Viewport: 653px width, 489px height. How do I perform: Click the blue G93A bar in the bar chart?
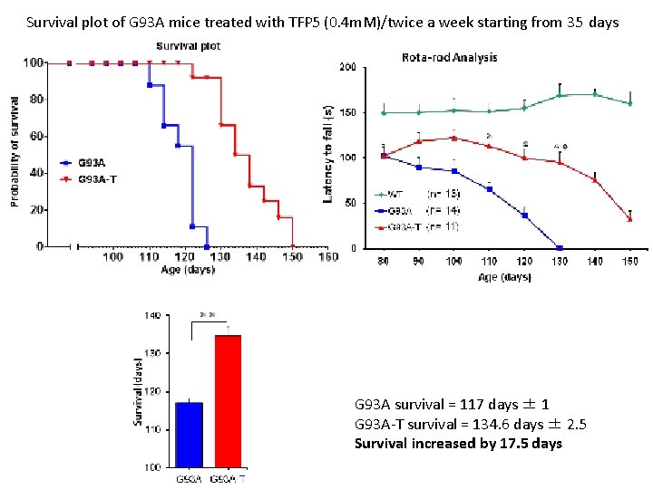coord(189,435)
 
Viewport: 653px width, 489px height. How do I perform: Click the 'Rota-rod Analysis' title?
coord(449,57)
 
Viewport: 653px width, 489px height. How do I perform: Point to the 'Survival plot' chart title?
coord(188,45)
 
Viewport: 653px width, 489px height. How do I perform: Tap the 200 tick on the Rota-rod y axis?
coord(346,67)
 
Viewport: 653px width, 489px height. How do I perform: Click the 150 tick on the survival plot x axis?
coord(292,257)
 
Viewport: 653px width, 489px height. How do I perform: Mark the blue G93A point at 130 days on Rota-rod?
coord(559,247)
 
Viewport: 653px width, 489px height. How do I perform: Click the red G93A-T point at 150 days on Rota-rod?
coord(629,219)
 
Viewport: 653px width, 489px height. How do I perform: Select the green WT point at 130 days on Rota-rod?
coord(559,95)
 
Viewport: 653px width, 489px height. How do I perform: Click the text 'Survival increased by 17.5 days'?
coord(458,443)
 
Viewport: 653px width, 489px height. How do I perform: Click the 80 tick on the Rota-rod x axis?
coord(384,263)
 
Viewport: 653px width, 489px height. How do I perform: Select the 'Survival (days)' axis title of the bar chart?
coord(139,390)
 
